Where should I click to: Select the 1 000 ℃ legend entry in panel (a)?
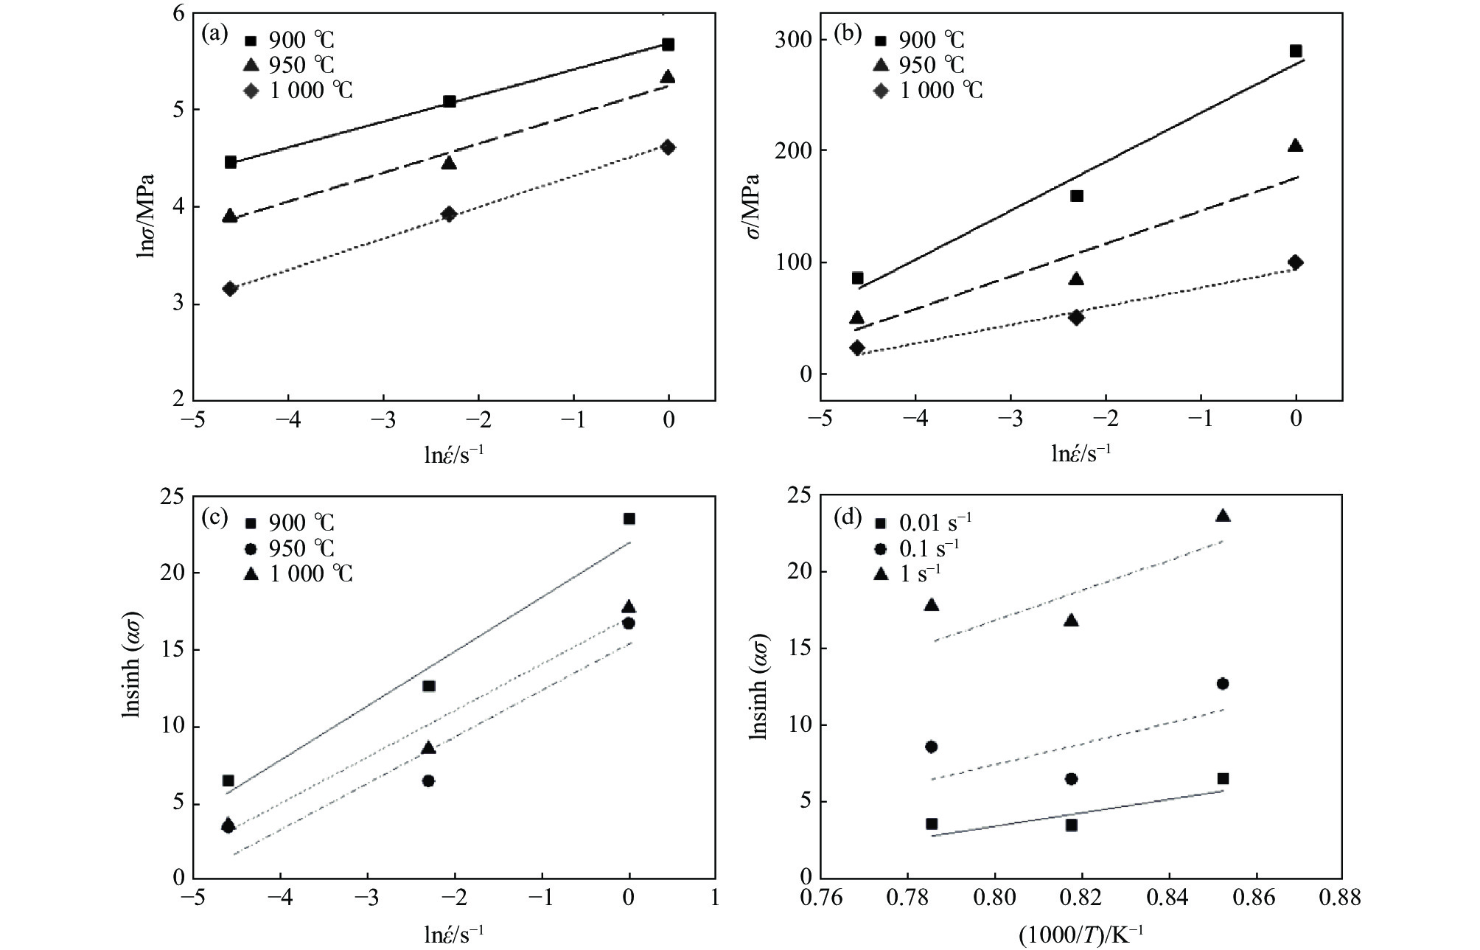(300, 91)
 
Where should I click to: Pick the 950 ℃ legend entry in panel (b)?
(921, 65)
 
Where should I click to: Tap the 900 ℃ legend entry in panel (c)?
(290, 523)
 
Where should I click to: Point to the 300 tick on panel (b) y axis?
(794, 39)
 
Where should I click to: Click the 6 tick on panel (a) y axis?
(177, 13)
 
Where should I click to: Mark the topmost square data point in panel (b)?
(1295, 51)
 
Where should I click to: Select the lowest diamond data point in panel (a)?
(230, 288)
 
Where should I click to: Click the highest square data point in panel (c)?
(629, 519)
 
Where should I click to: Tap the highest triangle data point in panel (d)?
(1223, 516)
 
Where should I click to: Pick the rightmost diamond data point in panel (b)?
(1295, 262)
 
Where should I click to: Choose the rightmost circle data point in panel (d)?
(1223, 684)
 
